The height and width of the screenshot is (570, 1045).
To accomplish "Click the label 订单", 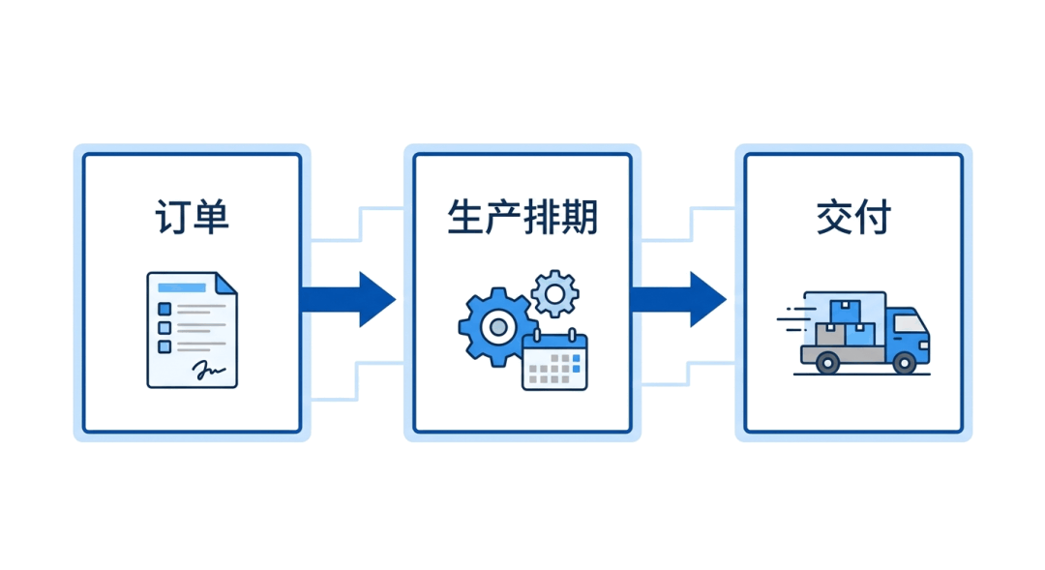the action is [x=192, y=217].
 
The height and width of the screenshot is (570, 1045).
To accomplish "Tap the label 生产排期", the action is [x=522, y=217].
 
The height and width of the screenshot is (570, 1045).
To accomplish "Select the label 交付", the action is [x=853, y=217].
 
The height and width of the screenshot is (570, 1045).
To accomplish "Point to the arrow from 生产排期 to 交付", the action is [x=678, y=299].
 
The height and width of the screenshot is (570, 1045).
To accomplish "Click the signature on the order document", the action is [x=208, y=369].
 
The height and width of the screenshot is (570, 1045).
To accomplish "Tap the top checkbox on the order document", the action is [x=164, y=310].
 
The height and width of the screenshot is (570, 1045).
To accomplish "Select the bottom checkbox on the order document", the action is [x=164, y=346].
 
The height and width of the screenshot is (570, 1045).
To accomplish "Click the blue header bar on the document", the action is [x=182, y=287].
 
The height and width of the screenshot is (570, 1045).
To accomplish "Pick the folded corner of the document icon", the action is [x=225, y=284].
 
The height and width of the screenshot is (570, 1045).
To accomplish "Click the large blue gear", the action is [x=497, y=327].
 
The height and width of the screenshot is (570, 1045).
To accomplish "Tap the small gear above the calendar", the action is [x=555, y=293].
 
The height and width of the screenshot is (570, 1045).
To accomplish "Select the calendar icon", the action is [x=554, y=360].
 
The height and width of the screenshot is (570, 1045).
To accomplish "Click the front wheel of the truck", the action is [x=905, y=363].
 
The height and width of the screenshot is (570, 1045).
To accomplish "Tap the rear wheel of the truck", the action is [x=827, y=363].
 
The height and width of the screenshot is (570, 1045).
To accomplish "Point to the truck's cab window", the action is [x=909, y=323].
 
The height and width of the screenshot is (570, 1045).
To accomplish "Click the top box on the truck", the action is [x=845, y=312].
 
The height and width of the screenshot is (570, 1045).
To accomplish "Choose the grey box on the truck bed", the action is [x=830, y=335].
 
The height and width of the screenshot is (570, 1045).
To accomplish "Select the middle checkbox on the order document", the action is [x=164, y=328].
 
